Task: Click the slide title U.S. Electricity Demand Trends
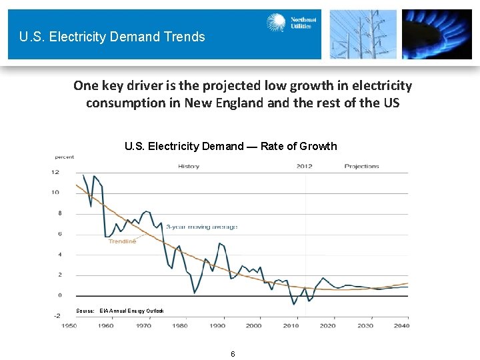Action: [x=112, y=37]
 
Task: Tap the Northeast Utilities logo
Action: [x=291, y=24]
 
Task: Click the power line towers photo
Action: [x=363, y=34]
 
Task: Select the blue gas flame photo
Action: [x=437, y=34]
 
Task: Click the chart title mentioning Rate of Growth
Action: [x=231, y=146]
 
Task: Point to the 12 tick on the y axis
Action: [x=56, y=172]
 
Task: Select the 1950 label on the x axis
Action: [x=69, y=325]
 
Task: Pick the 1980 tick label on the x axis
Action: [x=179, y=325]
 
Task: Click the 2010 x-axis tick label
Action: [x=291, y=325]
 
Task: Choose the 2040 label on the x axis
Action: [x=402, y=325]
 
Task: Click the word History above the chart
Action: [x=188, y=166]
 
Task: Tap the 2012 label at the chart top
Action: [x=305, y=166]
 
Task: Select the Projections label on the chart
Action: [x=361, y=166]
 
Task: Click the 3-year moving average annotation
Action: [x=201, y=227]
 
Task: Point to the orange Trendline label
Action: [x=122, y=241]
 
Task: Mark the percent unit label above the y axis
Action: [x=64, y=157]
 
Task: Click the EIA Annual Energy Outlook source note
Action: [x=120, y=311]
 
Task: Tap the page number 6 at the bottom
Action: [x=233, y=353]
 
